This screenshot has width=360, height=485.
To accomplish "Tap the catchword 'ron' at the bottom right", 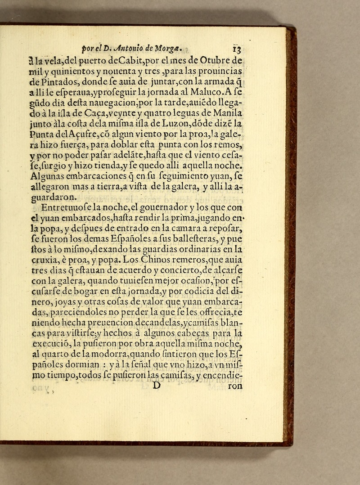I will (234, 386).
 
